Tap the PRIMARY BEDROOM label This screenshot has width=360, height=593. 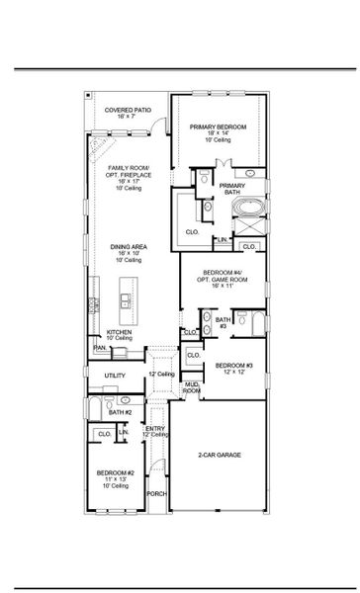pyautogui.click(x=220, y=127)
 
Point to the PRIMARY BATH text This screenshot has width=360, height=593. pyautogui.click(x=232, y=189)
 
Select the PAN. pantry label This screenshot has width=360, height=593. pyautogui.click(x=100, y=348)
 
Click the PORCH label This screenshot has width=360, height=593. pyautogui.click(x=156, y=493)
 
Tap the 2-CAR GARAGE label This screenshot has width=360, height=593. pyautogui.click(x=220, y=455)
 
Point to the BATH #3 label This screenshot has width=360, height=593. pyautogui.click(x=223, y=322)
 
